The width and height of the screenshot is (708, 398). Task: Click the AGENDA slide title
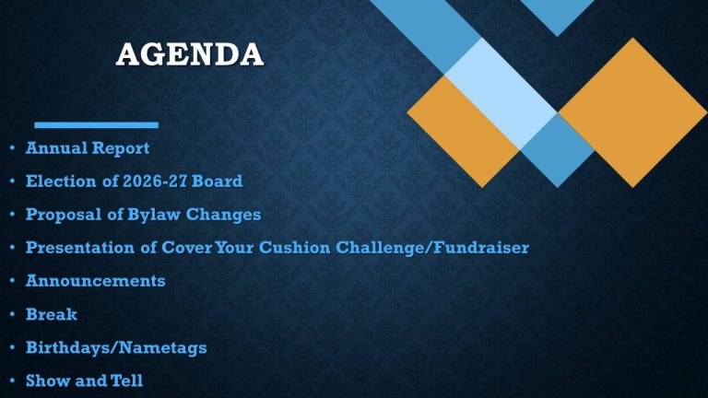190,53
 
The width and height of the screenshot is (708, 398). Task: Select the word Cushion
307,248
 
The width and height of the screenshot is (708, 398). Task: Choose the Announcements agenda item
96,281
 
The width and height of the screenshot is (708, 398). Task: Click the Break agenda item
52,314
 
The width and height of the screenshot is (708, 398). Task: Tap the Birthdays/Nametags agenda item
116,348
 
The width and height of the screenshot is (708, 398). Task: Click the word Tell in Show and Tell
128,380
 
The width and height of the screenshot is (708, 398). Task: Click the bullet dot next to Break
9,315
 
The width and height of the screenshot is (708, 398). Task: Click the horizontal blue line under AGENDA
96,124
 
